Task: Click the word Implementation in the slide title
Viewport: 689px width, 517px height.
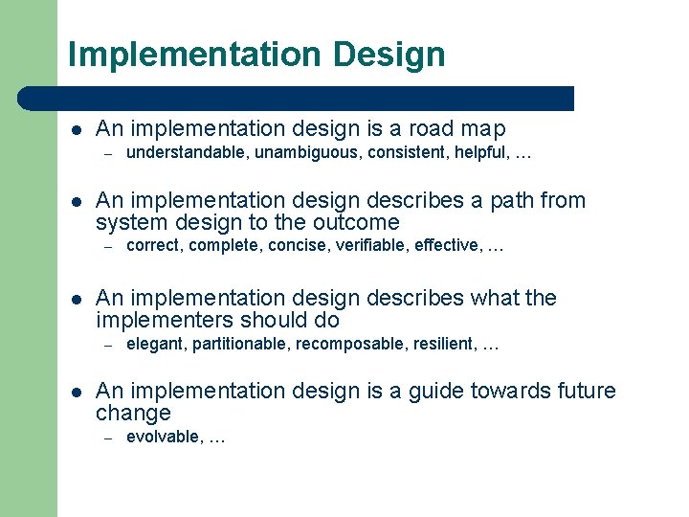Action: [195, 55]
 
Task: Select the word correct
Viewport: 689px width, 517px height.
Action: [153, 246]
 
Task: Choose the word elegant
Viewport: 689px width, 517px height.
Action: [155, 344]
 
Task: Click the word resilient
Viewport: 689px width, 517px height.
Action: [442, 344]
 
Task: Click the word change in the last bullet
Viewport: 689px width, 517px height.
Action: [133, 414]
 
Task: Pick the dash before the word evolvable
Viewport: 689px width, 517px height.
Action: [109, 438]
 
